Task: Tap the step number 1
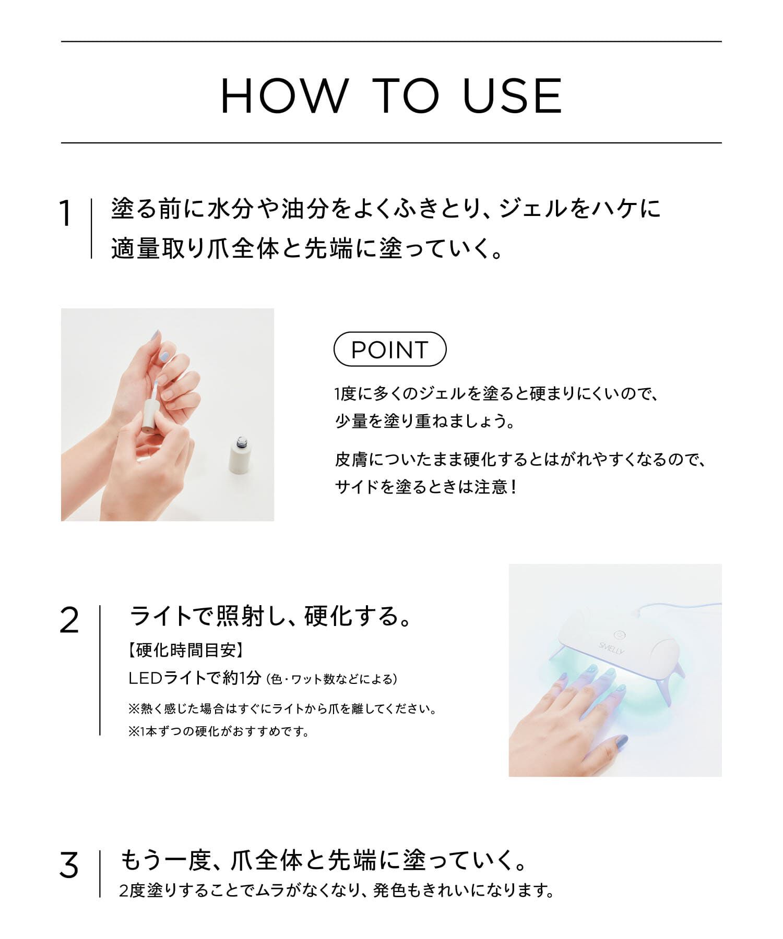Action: point(65,214)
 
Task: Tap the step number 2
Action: point(69,621)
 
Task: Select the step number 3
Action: point(69,865)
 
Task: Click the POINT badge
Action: point(389,349)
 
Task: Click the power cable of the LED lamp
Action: point(679,607)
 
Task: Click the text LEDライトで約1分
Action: point(194,678)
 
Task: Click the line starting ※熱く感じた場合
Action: point(282,709)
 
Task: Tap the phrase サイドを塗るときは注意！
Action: point(425,487)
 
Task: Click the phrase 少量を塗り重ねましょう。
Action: point(425,420)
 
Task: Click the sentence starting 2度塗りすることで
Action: point(337,890)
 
